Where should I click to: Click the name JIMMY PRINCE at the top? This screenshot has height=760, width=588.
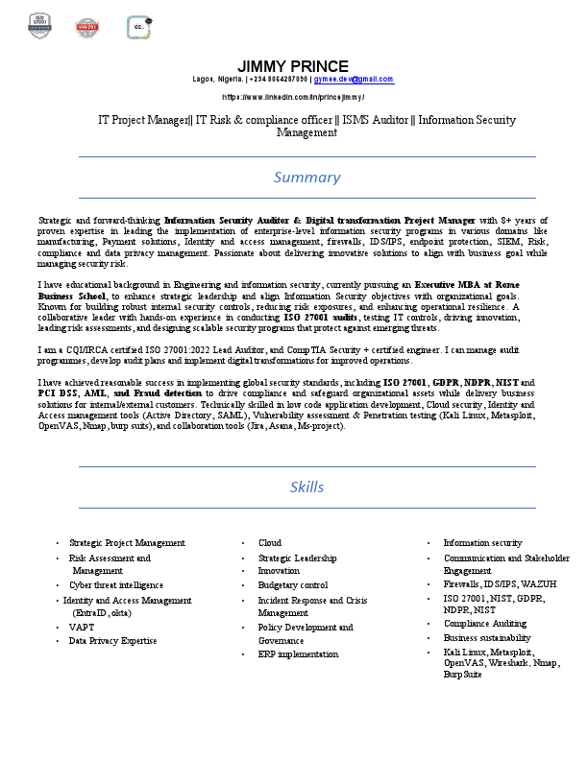293,66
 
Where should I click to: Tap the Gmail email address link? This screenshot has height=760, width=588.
355,80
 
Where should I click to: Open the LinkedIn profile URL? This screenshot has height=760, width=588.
293,97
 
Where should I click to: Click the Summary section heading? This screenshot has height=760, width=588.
306,177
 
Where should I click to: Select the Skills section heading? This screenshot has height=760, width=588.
306,487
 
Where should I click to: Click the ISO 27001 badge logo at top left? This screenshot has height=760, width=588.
39,26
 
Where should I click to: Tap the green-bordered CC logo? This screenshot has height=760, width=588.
139,27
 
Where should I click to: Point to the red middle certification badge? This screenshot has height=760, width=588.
87,27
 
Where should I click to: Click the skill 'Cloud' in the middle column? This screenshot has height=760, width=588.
270,543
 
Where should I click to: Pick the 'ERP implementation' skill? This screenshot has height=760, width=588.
298,654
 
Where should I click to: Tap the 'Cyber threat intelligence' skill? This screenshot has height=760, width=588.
116,584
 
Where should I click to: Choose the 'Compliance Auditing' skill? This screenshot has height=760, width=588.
485,624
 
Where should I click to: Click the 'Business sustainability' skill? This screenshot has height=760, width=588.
487,637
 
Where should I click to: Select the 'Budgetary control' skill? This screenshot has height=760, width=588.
293,584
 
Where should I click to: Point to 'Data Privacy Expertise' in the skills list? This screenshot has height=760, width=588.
112,640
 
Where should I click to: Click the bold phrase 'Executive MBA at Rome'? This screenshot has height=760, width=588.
467,285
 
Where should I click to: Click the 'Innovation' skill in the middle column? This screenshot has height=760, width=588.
279,571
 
